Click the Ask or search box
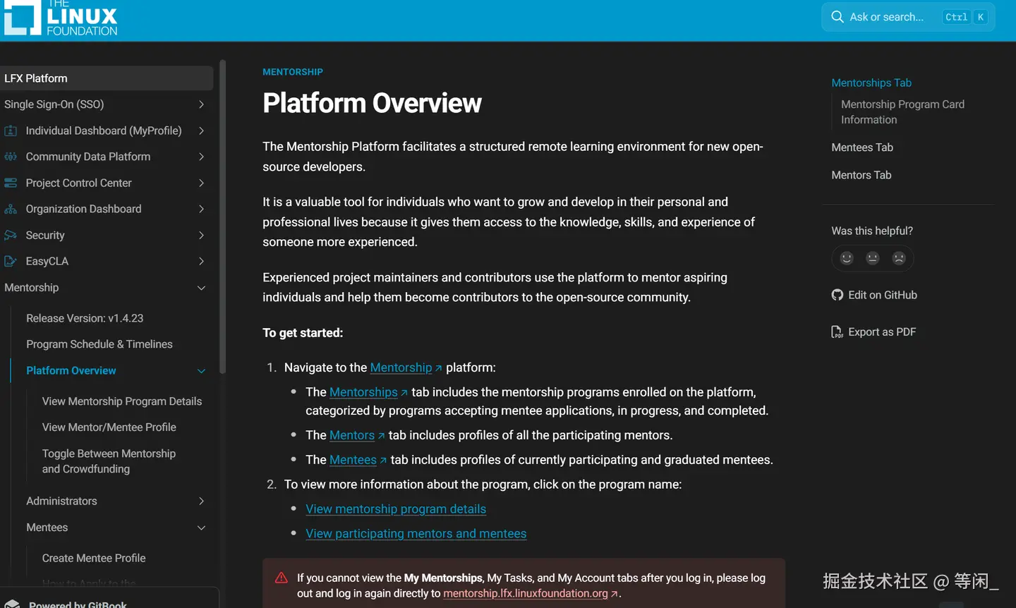(886, 17)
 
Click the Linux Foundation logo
(61, 18)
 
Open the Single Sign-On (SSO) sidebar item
(54, 104)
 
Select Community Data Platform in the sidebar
(88, 157)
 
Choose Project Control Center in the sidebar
(79, 183)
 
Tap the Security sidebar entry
(45, 235)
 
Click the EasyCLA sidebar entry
(47, 261)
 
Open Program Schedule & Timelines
(99, 344)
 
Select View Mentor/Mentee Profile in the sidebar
(109, 427)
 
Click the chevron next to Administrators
(201, 501)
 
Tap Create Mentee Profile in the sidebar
(94, 558)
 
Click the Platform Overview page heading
(372, 103)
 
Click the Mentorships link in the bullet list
(363, 392)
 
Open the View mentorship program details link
(396, 509)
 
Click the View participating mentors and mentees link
(416, 534)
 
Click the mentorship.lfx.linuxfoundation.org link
(526, 593)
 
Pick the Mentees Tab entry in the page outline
(862, 147)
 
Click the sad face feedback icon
(899, 258)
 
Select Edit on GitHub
(882, 295)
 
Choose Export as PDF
(881, 332)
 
